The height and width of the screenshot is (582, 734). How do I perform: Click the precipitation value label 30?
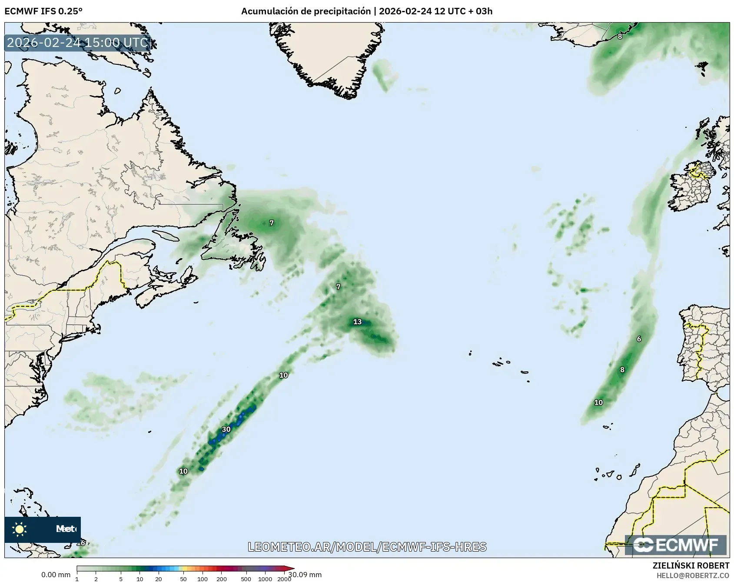226,429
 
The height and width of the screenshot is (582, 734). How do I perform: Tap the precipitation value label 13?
357,322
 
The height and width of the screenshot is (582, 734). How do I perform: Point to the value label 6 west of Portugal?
639,339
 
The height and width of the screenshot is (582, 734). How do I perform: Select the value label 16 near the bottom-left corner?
81,543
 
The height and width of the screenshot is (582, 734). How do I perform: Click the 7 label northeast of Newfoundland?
272,223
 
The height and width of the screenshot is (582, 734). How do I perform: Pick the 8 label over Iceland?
620,37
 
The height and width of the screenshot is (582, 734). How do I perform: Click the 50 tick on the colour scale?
183,579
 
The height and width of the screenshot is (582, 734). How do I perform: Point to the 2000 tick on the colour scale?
284,579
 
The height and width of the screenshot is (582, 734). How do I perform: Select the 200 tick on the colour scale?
221,579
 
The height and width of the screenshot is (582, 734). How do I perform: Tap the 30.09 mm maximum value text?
305,575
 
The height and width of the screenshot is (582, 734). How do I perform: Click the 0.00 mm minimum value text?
56,575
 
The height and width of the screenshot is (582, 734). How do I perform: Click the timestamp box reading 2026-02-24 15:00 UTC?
77,43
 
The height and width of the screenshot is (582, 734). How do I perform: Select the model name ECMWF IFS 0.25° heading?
43,11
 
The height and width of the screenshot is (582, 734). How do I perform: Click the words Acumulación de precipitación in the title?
306,11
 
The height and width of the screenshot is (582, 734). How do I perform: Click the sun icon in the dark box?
20,529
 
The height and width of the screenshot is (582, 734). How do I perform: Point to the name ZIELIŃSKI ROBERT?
691,565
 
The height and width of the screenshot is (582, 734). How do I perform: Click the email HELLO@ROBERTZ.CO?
693,575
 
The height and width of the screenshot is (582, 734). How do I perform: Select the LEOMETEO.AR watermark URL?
367,547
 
